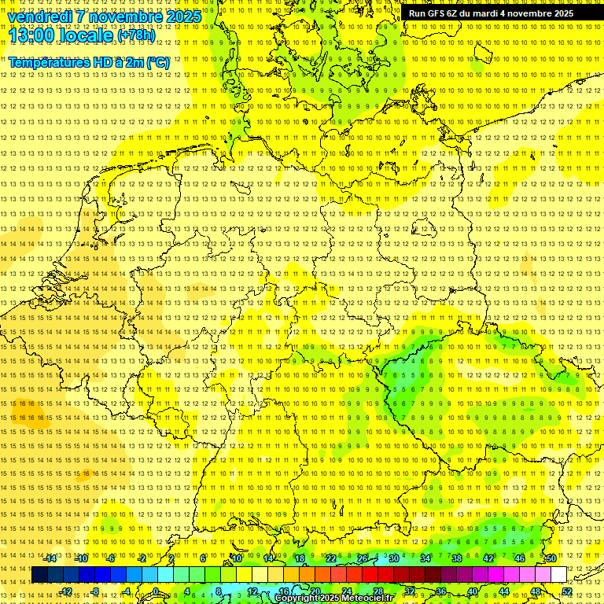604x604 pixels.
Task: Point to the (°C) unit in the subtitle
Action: click(x=156, y=61)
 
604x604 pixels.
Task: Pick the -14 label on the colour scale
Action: click(x=50, y=558)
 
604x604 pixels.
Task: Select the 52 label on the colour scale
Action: click(x=567, y=591)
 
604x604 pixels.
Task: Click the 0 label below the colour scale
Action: click(x=156, y=591)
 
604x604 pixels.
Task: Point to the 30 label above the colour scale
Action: click(x=393, y=558)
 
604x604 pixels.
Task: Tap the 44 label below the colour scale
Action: click(x=504, y=591)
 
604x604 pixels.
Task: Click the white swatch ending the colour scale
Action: click(x=558, y=575)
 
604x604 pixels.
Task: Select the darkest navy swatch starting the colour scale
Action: click(x=40, y=575)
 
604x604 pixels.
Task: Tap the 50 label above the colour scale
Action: click(x=551, y=558)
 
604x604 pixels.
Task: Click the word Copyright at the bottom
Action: click(x=298, y=598)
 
